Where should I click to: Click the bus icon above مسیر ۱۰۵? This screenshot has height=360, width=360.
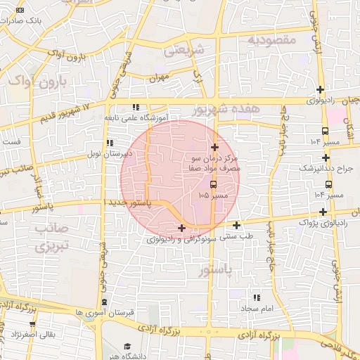(x=214, y=184)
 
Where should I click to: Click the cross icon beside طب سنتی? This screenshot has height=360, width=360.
(x=236, y=225)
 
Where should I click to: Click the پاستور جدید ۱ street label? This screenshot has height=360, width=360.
(x=134, y=202)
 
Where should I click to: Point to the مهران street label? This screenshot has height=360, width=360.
(x=160, y=79)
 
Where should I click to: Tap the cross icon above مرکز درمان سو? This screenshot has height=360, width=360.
(x=214, y=147)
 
